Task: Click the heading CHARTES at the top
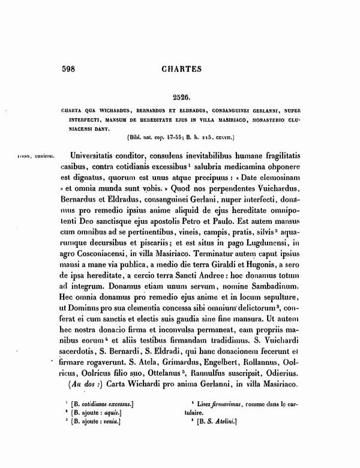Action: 180,68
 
